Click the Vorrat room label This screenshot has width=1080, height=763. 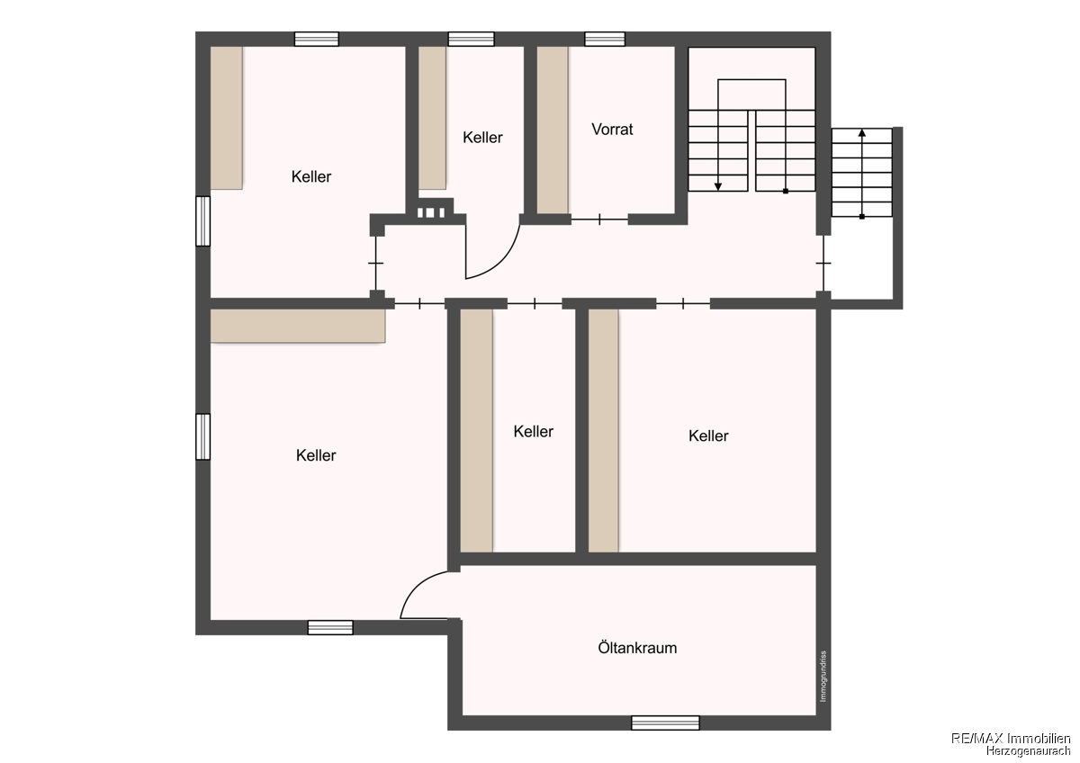tap(612, 130)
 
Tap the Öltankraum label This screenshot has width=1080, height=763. tap(637, 647)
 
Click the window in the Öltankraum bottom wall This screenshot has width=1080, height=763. tap(665, 723)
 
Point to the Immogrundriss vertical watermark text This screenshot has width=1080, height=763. tap(823, 677)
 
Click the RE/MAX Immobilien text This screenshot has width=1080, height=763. tap(1011, 739)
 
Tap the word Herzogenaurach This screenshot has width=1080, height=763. tap(1028, 750)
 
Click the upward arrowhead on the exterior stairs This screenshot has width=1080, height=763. tap(862, 132)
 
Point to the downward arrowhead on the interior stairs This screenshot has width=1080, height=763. tap(718, 187)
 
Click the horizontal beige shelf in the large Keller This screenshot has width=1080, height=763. tap(298, 326)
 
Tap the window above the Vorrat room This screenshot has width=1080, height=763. tap(605, 39)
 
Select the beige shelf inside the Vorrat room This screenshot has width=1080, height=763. tap(553, 130)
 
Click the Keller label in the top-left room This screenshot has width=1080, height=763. tap(311, 176)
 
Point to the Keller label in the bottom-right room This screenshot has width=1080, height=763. tap(708, 435)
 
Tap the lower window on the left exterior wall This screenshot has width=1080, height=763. tap(203, 436)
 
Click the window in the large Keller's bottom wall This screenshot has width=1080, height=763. tap(330, 627)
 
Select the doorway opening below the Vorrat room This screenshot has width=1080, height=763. tap(599, 220)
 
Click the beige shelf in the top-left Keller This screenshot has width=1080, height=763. tap(226, 118)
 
